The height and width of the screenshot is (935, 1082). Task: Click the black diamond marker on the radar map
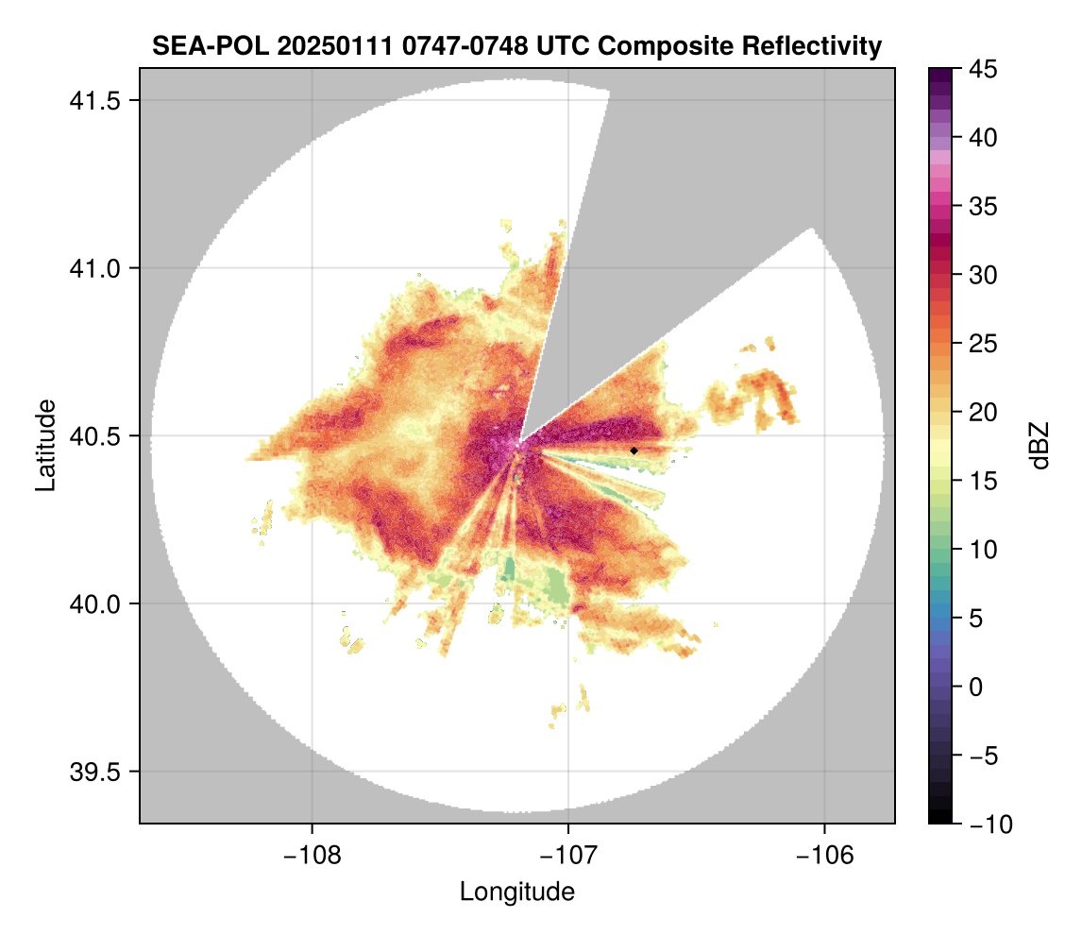[x=634, y=450]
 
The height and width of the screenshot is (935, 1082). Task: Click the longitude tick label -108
[x=311, y=856]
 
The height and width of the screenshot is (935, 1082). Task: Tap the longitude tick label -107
[x=568, y=856]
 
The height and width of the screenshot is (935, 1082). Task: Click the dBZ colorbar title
[x=1040, y=446]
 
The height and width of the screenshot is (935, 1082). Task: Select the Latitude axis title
[x=44, y=445]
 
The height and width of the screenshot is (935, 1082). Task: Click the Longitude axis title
[x=517, y=892]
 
